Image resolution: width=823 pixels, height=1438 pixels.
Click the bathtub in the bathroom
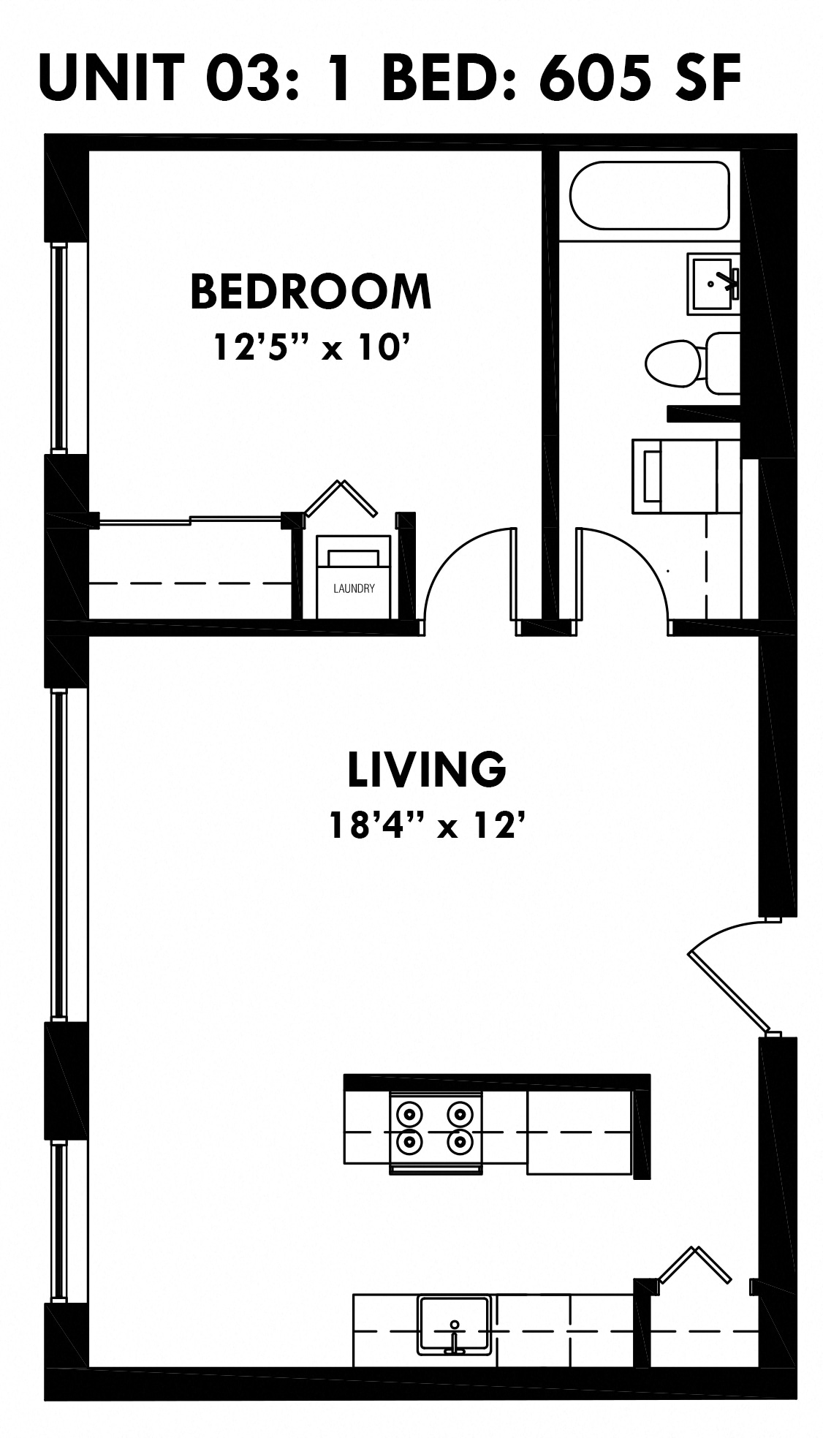(x=649, y=195)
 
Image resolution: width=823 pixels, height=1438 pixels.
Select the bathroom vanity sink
(x=712, y=284)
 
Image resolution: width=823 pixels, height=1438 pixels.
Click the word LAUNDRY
(x=354, y=589)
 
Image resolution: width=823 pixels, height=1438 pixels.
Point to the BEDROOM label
(x=311, y=291)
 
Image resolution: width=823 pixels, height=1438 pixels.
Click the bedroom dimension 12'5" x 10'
(x=309, y=347)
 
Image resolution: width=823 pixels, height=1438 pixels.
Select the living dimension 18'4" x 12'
(x=427, y=825)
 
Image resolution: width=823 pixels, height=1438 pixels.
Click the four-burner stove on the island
(x=436, y=1127)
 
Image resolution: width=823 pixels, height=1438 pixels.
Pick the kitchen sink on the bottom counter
(x=453, y=1323)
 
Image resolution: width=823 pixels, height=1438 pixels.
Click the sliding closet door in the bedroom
(x=190, y=520)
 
